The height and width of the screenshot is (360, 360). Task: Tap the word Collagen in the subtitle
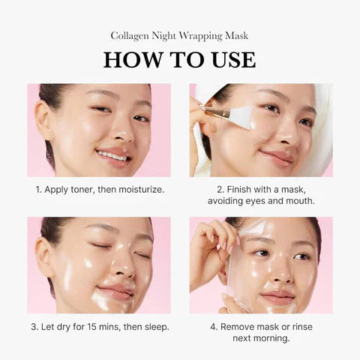[x=130, y=35]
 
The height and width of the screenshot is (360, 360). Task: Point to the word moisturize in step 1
[x=139, y=190]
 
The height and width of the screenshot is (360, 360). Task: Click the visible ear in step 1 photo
[x=45, y=120]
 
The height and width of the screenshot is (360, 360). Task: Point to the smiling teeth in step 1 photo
[x=112, y=155]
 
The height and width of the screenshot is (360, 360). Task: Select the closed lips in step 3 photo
[x=117, y=291]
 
